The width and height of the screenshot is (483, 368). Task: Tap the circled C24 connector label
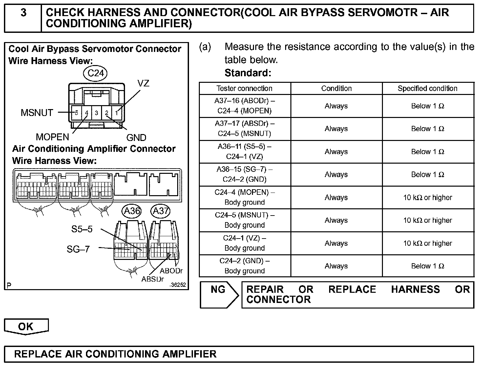pos(96,73)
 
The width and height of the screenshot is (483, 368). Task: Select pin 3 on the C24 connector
pos(96,113)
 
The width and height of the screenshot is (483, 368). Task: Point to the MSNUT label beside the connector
pos(37,113)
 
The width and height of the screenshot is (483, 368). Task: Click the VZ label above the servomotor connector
pos(143,83)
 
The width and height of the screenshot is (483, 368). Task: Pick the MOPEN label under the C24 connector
pos(52,137)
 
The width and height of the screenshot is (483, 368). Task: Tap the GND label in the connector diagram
pos(136,138)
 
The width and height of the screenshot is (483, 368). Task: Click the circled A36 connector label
pos(132,211)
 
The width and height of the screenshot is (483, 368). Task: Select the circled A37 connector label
pos(160,211)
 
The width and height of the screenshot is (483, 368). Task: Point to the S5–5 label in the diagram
pos(82,229)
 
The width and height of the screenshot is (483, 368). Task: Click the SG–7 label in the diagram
pos(78,249)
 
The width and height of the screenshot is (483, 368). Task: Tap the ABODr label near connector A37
pos(171,271)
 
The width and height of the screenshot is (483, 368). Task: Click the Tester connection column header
pos(244,88)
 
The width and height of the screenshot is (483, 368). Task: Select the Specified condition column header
pos(428,88)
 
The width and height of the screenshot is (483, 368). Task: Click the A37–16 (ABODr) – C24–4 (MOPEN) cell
pos(244,106)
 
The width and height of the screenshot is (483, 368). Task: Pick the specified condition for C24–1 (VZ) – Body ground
pos(428,243)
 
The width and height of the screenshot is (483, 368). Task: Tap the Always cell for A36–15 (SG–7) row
pos(336,174)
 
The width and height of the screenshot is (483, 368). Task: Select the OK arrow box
pos(26,326)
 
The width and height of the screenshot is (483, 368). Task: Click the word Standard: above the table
pos(248,73)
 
